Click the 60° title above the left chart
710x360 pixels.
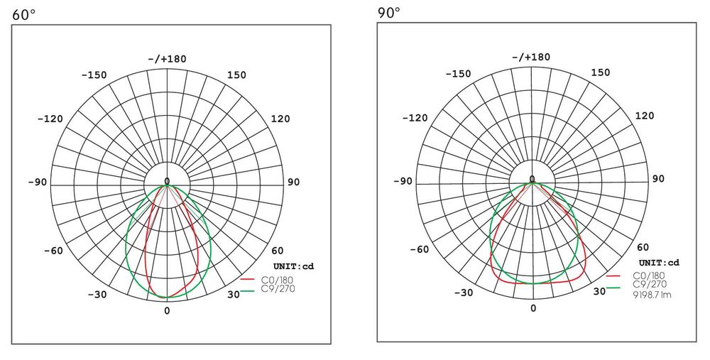23,14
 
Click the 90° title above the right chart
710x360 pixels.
389,12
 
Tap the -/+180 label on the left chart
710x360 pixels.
167,59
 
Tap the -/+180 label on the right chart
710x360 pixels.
531,57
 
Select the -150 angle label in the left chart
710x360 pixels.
94,75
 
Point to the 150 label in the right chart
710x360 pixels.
601,72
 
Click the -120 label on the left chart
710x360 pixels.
50,119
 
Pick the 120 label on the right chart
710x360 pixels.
645,116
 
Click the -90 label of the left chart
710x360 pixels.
37,182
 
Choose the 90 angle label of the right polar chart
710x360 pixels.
658,179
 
